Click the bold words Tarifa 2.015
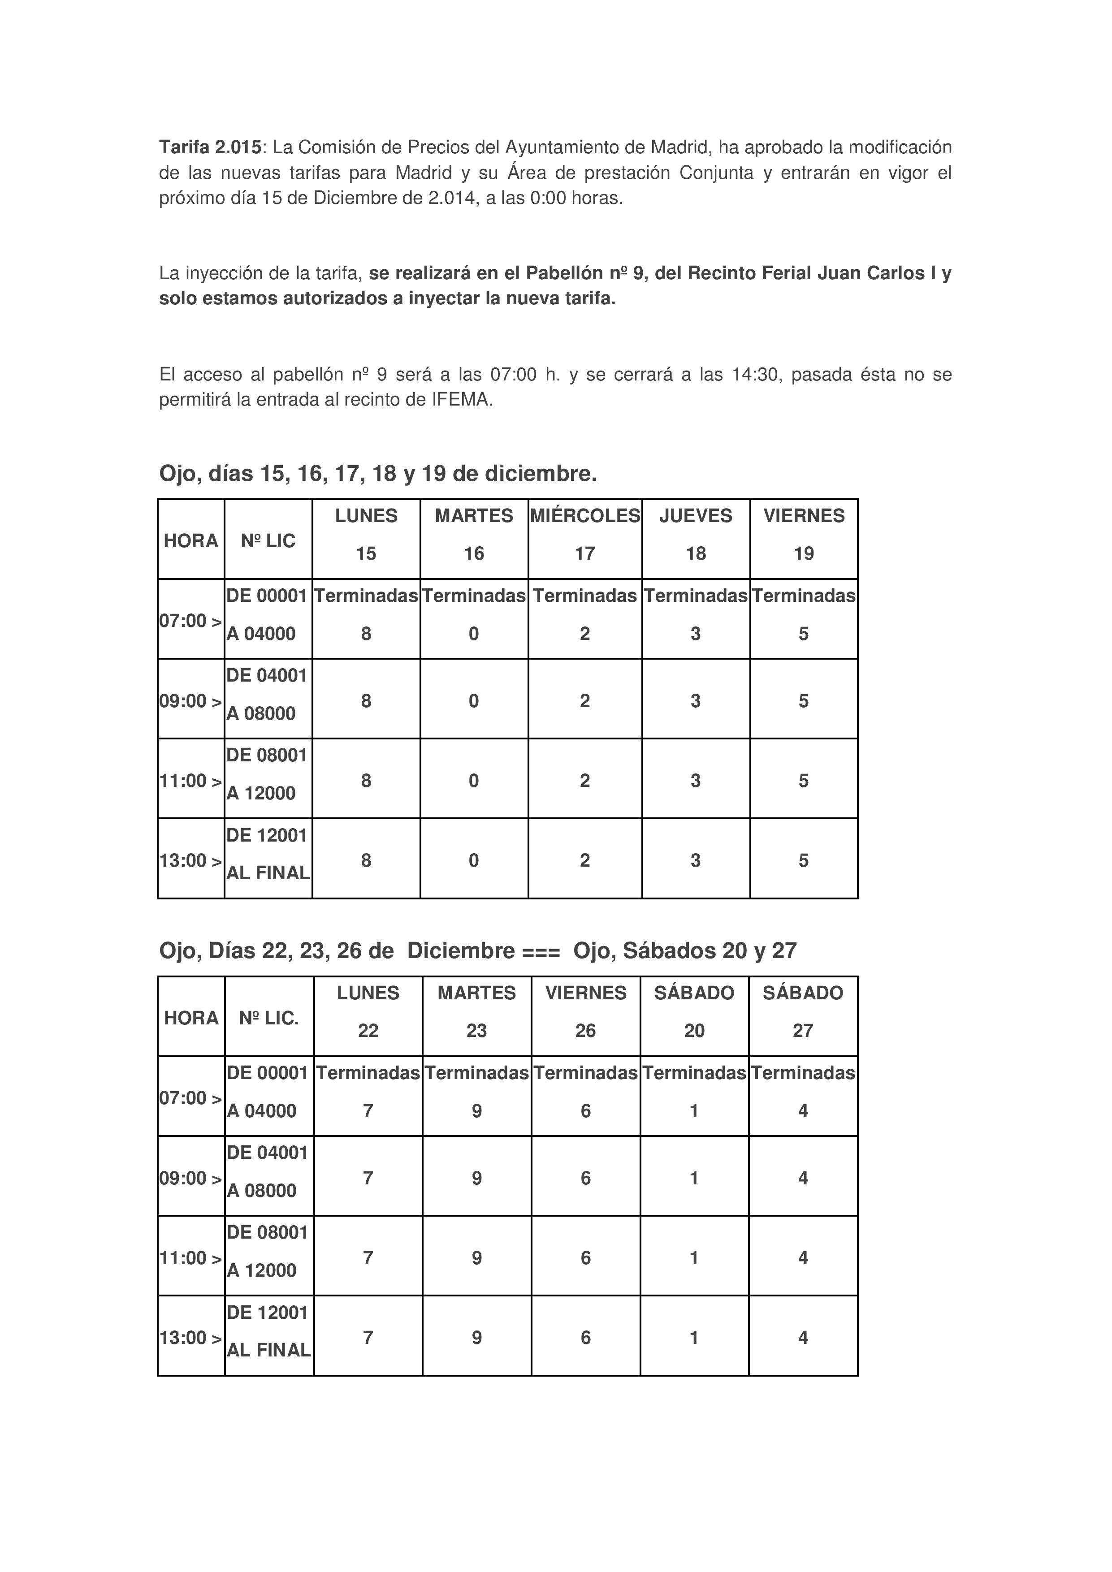pyautogui.click(x=210, y=147)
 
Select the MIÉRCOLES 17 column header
pyautogui.click(x=585, y=535)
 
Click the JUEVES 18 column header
pyautogui.click(x=696, y=535)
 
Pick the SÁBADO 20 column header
pyautogui.click(x=694, y=1012)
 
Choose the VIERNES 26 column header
pyautogui.click(x=585, y=1012)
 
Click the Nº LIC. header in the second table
pyautogui.click(x=269, y=1018)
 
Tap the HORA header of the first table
pyautogui.click(x=191, y=541)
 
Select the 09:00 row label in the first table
pyautogui.click(x=191, y=701)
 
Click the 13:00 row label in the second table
pyautogui.click(x=191, y=1338)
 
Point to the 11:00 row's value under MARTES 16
pyautogui.click(x=474, y=781)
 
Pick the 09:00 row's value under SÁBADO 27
pyautogui.click(x=803, y=1178)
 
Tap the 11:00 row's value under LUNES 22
pyautogui.click(x=368, y=1258)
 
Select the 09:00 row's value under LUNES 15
pyautogui.click(x=366, y=701)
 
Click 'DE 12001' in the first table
pyautogui.click(x=267, y=835)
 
